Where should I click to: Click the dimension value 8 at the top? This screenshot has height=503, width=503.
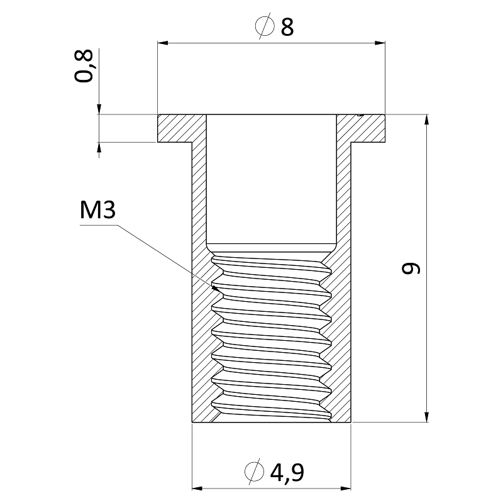point(287,27)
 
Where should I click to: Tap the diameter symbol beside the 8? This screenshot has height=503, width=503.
point(265,26)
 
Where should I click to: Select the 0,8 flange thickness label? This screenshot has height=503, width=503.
point(84,66)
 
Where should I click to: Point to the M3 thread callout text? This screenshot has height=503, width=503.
point(97,210)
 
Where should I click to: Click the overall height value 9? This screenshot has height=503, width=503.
point(411,268)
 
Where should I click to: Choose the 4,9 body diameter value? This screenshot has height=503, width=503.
point(287,472)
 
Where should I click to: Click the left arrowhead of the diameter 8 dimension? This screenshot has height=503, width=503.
point(162,43)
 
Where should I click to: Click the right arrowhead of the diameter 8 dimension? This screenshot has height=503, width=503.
point(380,43)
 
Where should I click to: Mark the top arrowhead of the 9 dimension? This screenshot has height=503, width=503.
point(426,119)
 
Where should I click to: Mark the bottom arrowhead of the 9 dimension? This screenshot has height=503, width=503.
point(426,417)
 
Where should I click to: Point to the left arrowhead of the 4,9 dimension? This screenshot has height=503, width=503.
point(197,489)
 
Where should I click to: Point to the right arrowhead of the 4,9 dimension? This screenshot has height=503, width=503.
point(346,489)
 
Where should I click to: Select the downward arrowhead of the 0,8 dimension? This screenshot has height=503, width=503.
point(99,109)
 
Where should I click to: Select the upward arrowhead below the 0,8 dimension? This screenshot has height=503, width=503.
point(99,147)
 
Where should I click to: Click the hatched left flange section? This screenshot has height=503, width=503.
point(175,128)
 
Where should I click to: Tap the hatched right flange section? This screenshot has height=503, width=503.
point(367,128)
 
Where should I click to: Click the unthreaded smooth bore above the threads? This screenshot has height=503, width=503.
point(272,183)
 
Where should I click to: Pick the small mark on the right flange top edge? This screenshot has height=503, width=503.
point(361,114)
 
